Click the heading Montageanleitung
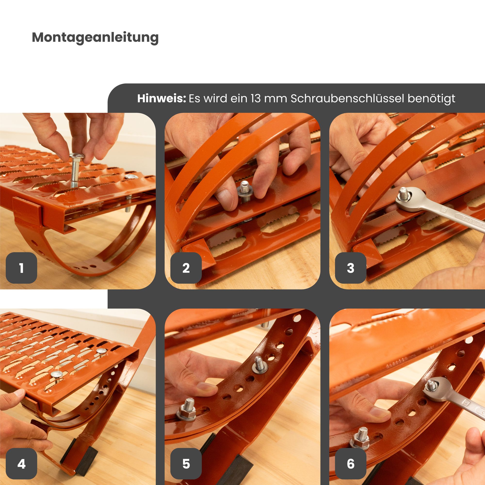(95, 38)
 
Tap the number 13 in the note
(256, 98)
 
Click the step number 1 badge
(21, 268)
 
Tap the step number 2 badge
(186, 268)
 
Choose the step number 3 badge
(351, 268)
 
